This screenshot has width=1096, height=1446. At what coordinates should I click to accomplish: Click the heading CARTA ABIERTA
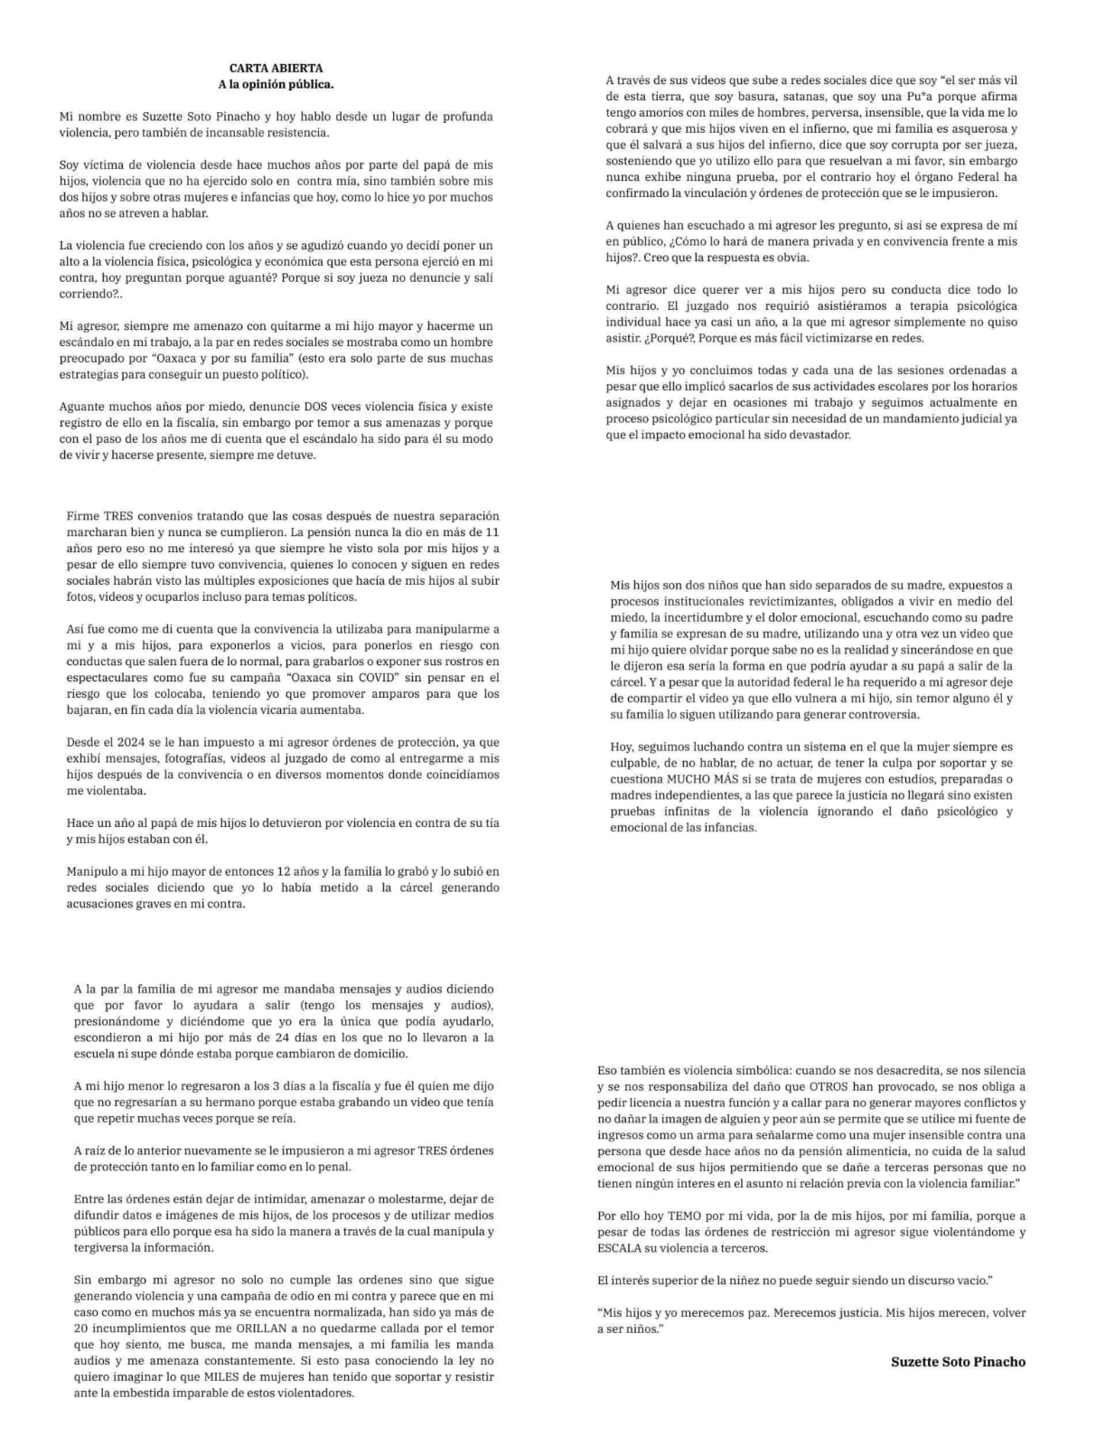tap(276, 68)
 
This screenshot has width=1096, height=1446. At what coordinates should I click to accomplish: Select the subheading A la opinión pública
tap(276, 84)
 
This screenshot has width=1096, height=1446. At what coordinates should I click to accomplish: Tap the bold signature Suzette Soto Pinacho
tap(958, 1361)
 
